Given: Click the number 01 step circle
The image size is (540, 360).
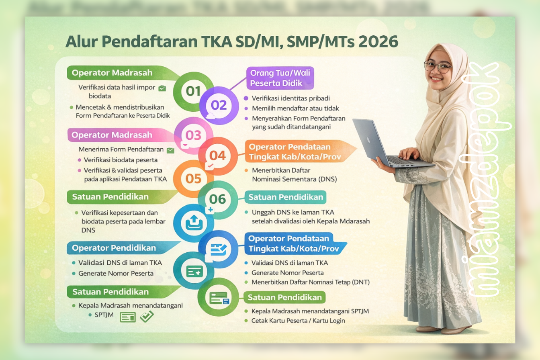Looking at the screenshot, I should [193, 91].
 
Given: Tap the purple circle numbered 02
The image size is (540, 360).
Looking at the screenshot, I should [219, 105].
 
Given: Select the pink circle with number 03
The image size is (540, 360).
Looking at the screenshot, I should [193, 135].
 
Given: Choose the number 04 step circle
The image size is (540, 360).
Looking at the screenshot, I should [218, 155].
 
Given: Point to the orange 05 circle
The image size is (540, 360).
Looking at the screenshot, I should [193, 178].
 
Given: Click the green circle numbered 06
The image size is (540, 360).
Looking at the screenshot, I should [218, 199].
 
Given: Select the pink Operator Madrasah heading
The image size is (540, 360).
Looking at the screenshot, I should [112, 135].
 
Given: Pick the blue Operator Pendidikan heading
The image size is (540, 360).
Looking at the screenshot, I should [114, 248].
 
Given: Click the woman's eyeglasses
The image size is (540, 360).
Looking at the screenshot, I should [438, 67].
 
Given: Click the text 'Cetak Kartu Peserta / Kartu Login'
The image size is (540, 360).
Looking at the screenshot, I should [298, 321].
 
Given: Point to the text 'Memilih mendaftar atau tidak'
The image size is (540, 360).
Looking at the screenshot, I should [295, 108].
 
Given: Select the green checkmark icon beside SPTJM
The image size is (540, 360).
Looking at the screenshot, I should [147, 317].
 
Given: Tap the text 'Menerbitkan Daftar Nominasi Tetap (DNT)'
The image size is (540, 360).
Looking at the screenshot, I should [311, 282].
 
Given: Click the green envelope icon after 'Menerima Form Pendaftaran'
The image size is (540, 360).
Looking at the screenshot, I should [170, 150].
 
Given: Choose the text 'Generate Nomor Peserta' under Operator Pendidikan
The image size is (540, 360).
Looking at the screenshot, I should [116, 273].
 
